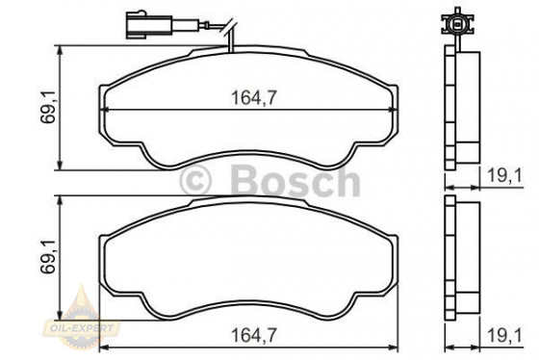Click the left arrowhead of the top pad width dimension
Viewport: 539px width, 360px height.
coord(105,109)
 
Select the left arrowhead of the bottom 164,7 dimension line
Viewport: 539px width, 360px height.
coord(105,347)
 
